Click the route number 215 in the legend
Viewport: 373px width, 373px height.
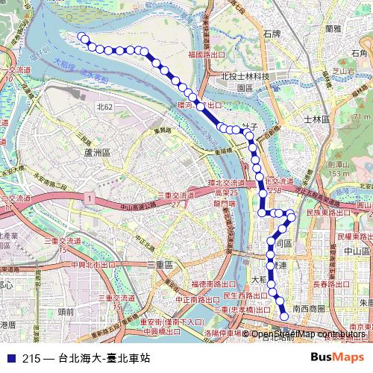click(x=31, y=358)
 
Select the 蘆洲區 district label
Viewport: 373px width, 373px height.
click(x=98, y=151)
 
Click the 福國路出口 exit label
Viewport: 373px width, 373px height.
click(x=207, y=54)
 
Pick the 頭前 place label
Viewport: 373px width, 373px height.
click(x=65, y=311)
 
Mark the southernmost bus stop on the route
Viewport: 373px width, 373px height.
click(x=283, y=316)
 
